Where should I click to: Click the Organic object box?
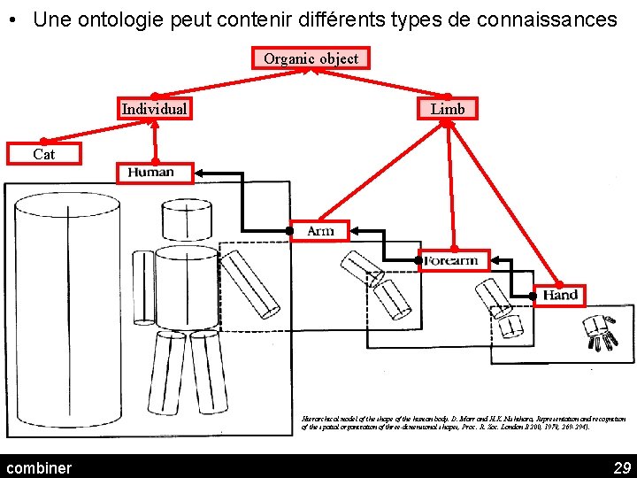tap(311, 58)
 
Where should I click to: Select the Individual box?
tap(154, 109)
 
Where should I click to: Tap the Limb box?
tap(447, 108)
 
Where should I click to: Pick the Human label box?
tap(154, 172)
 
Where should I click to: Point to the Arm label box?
tap(319, 231)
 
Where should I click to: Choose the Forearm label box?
tap(452, 260)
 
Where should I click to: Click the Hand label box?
tap(560, 295)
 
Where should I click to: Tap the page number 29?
tap(621, 467)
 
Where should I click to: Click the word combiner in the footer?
tap(39, 467)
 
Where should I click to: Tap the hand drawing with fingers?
tap(600, 333)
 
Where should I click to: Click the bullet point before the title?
tap(17, 20)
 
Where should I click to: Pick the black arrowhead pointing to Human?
tap(201, 172)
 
